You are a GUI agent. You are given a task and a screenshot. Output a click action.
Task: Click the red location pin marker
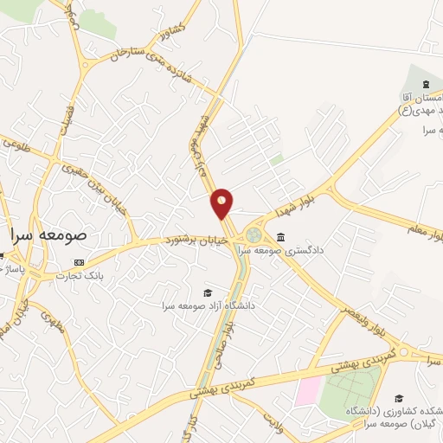[222, 202]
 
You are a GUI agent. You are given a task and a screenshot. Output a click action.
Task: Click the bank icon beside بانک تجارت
[80, 262]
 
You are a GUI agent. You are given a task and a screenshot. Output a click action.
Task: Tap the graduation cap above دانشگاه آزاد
[207, 293]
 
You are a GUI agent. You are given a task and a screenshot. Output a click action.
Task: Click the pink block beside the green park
[307, 391]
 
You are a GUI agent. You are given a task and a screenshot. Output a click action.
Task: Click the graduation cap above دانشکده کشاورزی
[398, 398]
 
